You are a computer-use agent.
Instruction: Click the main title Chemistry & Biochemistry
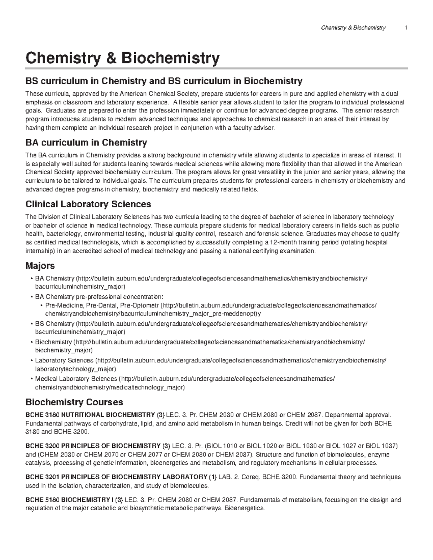[122, 58]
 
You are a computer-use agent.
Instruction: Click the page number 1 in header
[406, 28]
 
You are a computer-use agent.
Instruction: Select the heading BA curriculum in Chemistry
[86, 143]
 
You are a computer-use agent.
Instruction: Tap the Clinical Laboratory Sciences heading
[88, 204]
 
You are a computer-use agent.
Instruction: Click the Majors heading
[40, 266]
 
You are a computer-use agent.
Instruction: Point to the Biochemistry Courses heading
[74, 402]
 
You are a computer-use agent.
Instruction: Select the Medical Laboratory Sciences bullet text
[76, 379]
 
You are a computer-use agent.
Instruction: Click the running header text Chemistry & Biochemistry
[353, 28]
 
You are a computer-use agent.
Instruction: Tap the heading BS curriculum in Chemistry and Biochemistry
[163, 80]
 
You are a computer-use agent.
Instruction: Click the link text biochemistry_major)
[64, 350]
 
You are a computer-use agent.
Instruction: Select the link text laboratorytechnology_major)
[75, 369]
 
